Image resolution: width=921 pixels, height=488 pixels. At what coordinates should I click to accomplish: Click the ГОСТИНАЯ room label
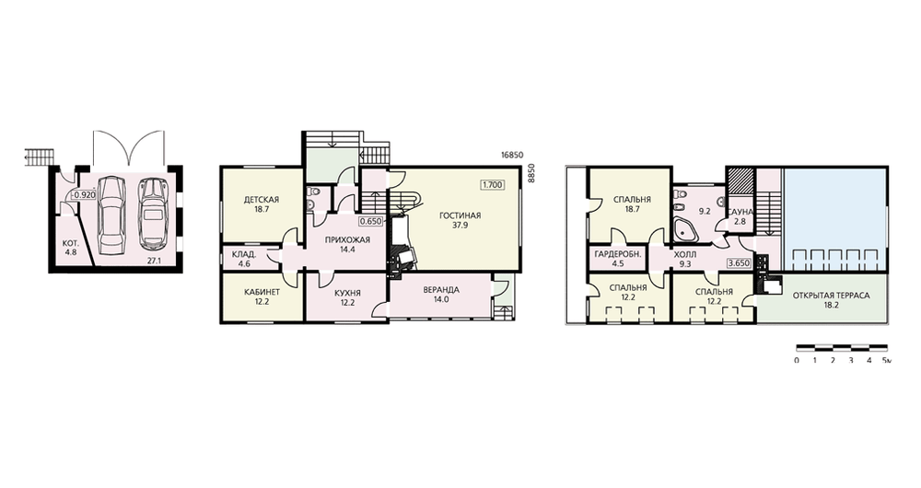[x=460, y=215]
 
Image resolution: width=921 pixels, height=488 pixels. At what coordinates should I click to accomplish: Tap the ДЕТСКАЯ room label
[x=262, y=200]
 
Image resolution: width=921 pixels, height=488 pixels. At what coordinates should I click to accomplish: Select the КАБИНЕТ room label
[x=262, y=292]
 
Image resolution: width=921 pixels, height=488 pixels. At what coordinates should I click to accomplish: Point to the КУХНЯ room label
[x=347, y=293]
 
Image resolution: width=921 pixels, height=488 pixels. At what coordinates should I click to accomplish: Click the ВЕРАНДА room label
[x=440, y=289]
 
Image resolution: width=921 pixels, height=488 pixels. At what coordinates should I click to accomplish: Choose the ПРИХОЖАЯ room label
[x=347, y=239]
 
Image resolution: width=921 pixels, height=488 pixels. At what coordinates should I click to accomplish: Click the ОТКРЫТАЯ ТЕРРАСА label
[x=831, y=296]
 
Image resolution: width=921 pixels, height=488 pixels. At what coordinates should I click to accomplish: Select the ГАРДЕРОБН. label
[x=617, y=254]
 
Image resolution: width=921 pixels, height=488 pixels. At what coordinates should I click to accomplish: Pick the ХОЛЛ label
[x=685, y=254]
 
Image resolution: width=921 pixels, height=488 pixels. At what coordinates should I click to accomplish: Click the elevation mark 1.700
[x=492, y=184]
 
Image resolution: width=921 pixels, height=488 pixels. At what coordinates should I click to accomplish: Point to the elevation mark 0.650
[x=371, y=222]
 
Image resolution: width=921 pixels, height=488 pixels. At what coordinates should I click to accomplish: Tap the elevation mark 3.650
[x=739, y=263]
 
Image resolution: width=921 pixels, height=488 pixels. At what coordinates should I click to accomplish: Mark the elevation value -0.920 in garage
[x=84, y=195]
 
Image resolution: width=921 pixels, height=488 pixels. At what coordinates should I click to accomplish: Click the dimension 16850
[x=511, y=155]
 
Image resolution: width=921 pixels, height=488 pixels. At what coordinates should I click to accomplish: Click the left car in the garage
[x=111, y=215]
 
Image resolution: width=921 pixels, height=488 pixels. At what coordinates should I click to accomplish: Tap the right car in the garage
[x=152, y=215]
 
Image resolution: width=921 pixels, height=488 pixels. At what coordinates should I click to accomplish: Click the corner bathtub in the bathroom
[x=685, y=229]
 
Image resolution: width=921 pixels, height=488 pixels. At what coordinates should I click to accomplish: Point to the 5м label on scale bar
[x=887, y=360]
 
